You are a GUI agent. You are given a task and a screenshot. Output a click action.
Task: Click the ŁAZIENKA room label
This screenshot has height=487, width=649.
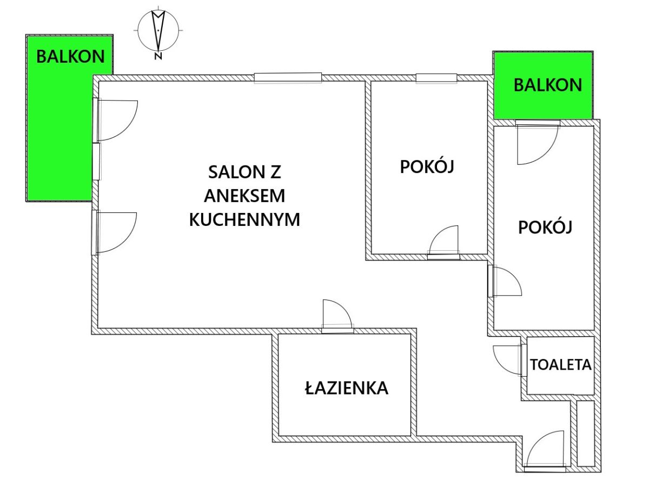tap(347, 388)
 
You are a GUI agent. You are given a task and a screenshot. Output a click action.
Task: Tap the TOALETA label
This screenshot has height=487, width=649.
tap(561, 365)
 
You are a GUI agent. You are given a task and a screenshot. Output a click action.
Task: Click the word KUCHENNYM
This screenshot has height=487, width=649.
tap(244, 219)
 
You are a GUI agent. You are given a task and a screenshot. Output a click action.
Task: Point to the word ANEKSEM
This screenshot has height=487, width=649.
tap(244, 196)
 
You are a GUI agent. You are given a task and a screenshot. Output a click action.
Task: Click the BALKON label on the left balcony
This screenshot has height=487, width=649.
tap(70, 56)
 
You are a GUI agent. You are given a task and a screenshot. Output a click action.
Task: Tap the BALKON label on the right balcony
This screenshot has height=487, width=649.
tap(548, 85)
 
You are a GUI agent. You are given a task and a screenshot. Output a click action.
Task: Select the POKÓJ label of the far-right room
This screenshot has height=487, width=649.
tap(545, 226)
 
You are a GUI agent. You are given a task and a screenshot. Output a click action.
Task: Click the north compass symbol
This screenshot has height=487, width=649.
tap(158, 30)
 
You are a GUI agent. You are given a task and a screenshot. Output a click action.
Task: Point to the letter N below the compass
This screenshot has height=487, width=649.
tap(158, 56)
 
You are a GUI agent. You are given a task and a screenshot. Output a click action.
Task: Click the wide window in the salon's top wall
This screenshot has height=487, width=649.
tap(288, 78)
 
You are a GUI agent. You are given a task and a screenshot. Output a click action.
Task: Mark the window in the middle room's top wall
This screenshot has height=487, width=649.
tap(436, 78)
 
